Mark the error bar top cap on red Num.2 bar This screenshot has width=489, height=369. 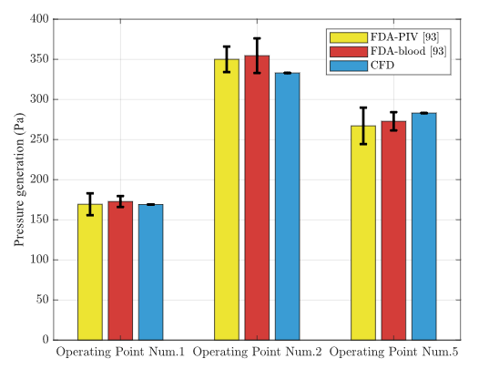click(257, 38)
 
